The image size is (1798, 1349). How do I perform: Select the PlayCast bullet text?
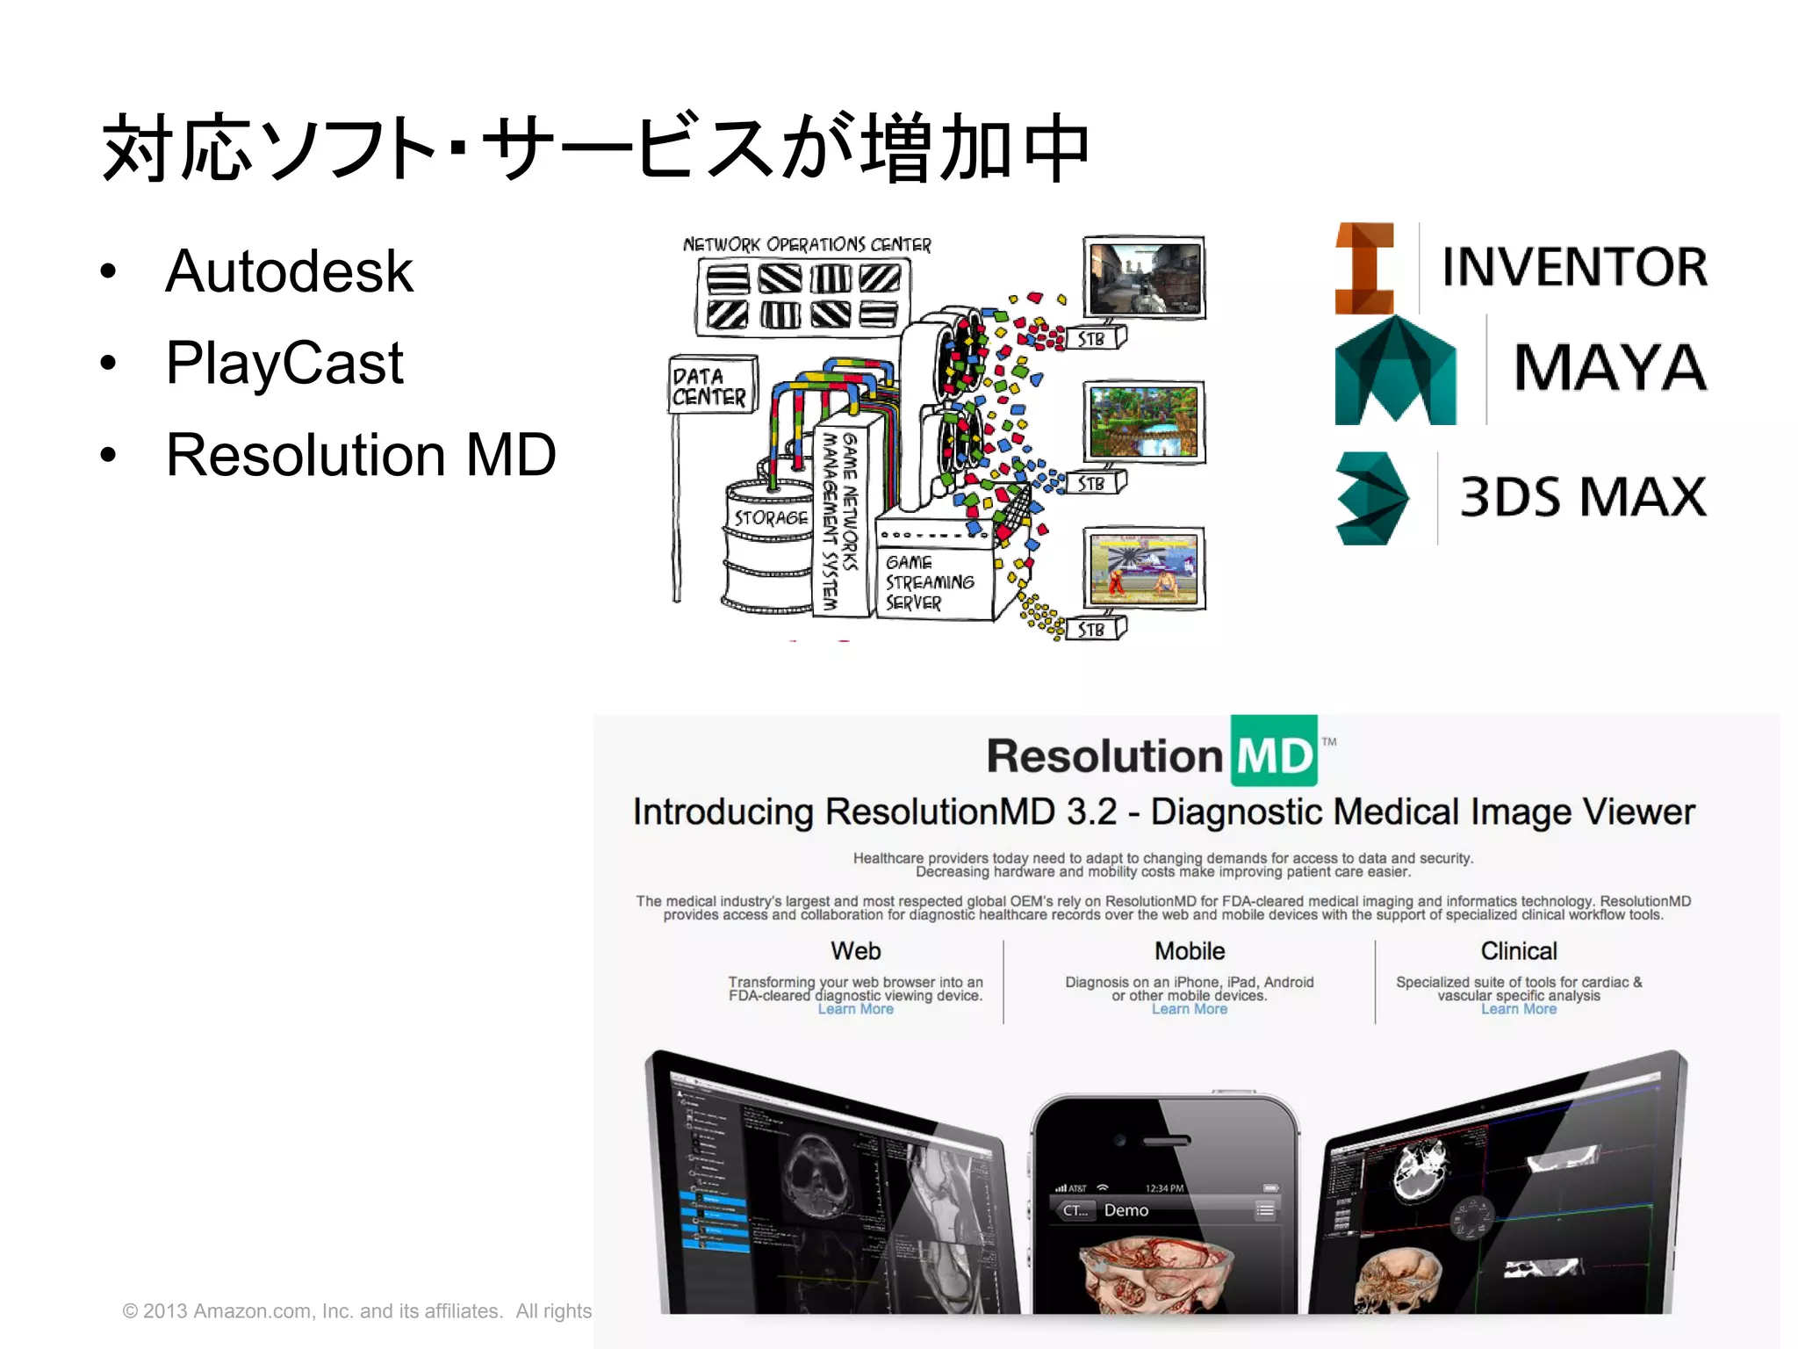point(284,363)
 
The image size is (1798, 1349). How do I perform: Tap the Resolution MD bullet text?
point(361,455)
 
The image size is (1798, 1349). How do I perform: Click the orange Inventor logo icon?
point(1364,268)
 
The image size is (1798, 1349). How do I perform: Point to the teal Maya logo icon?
point(1394,372)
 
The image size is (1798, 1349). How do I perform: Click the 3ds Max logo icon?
point(1371,498)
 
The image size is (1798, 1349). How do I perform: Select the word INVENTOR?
point(1575,267)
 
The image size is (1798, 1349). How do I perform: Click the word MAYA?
point(1610,368)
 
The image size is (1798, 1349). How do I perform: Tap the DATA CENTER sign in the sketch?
point(710,386)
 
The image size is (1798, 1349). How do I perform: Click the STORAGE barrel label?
point(771,518)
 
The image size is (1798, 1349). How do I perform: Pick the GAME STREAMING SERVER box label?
point(929,582)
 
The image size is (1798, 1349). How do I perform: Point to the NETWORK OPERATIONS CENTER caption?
point(807,244)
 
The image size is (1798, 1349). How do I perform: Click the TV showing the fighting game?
point(1143,568)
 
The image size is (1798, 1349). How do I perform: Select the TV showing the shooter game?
point(1143,277)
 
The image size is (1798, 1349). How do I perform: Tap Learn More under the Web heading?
point(855,1009)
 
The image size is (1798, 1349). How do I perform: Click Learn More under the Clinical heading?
point(1518,1009)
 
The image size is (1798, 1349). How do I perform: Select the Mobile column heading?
point(1190,951)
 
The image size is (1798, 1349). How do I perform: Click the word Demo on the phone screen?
point(1126,1210)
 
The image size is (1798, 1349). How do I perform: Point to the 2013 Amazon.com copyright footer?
point(356,1311)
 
